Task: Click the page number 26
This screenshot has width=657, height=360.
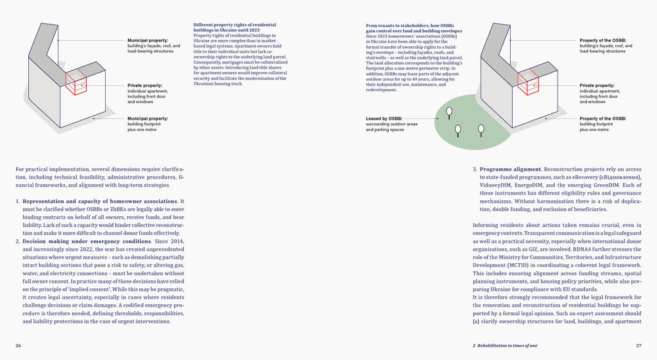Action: (x=18, y=345)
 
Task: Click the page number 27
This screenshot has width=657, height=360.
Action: (x=638, y=345)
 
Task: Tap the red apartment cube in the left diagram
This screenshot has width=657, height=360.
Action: (x=76, y=82)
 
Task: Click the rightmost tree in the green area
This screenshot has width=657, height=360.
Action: (x=481, y=129)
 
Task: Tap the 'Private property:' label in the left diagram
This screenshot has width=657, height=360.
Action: (x=144, y=85)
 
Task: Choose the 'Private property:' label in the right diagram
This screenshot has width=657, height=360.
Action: (x=597, y=85)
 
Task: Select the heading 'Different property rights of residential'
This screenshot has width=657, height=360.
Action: (x=236, y=25)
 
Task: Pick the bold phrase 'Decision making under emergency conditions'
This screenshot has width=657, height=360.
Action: (x=82, y=241)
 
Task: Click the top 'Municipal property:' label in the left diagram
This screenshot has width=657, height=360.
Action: (x=148, y=40)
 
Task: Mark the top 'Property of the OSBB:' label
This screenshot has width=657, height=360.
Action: (x=603, y=40)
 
